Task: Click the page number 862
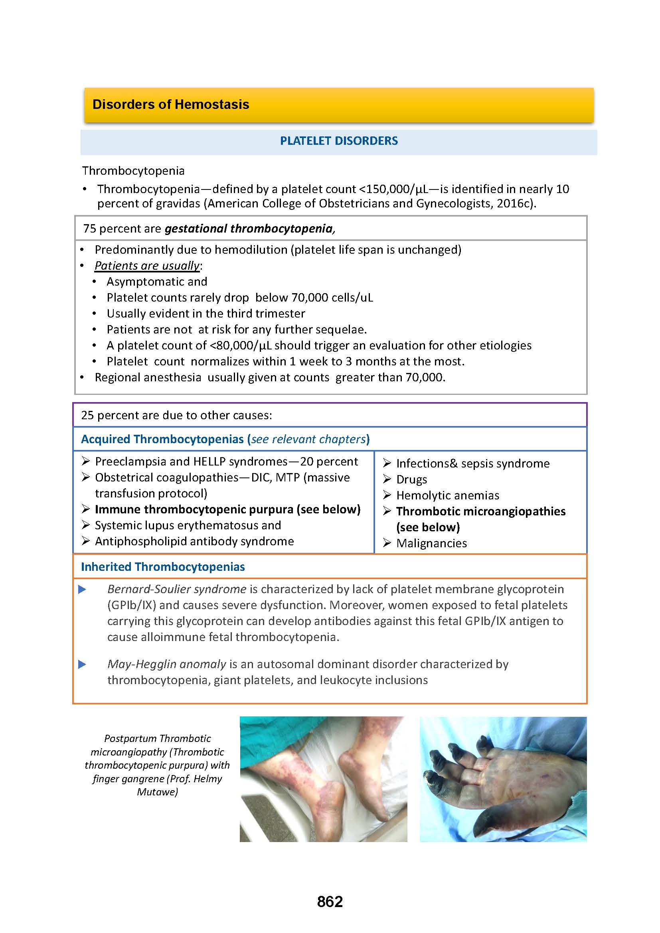330,902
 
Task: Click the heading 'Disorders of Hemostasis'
171,105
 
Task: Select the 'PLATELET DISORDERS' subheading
338,141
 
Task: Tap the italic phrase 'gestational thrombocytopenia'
249,229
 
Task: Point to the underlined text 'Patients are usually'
147,266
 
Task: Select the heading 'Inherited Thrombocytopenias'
162,567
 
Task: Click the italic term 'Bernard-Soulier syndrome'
177,589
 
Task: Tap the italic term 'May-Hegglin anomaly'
167,665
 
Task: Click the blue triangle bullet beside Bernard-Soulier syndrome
82,589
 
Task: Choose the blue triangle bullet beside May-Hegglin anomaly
82,665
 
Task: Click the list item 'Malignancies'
432,543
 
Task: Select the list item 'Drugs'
412,479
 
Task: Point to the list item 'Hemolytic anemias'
447,495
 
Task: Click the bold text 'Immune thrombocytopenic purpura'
194,509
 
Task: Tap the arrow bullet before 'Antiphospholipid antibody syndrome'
85,541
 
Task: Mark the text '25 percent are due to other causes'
176,415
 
